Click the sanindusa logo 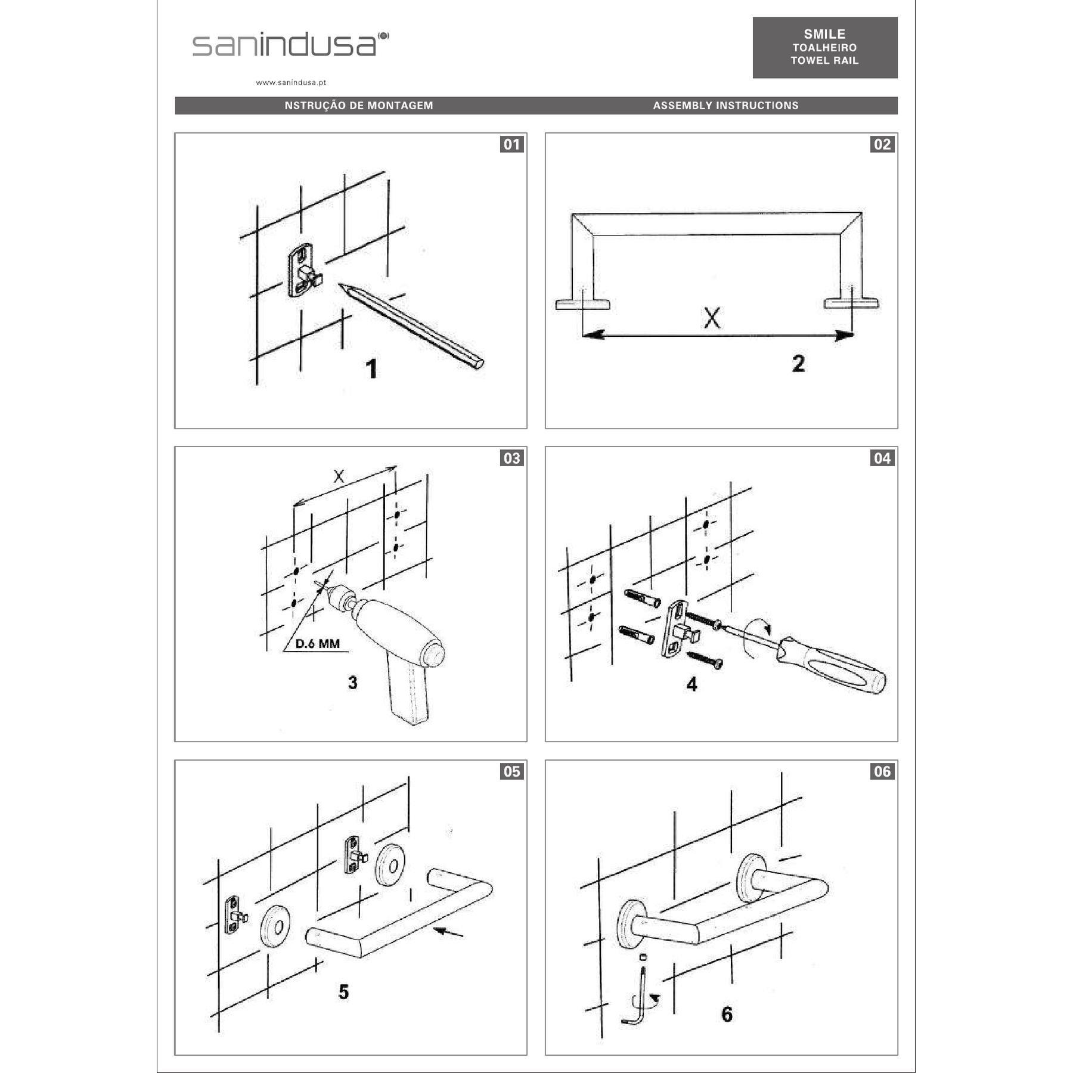point(290,44)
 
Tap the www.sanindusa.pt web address point(291,83)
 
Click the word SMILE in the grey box point(824,34)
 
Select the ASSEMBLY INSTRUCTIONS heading point(725,106)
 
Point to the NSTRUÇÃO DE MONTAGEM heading point(359,106)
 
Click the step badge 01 point(511,144)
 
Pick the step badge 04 point(882,458)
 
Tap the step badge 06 point(882,771)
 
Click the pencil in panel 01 point(411,326)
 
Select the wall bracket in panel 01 point(304,270)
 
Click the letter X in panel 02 point(712,318)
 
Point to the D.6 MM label point(318,644)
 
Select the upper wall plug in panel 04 point(641,597)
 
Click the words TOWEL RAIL point(824,60)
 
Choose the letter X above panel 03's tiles point(339,476)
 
